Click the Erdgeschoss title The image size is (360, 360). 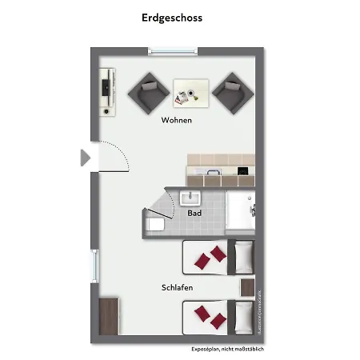point(171,17)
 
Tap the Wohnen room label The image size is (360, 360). point(177,121)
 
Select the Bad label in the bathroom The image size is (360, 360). point(194,213)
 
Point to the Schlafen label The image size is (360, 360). point(177,287)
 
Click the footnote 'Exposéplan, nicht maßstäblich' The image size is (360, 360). point(227,350)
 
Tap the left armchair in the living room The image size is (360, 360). point(148,92)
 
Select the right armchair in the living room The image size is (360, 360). point(231,92)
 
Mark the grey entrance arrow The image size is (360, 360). point(86,158)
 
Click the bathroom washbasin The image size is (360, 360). point(190,198)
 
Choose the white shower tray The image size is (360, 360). point(240,211)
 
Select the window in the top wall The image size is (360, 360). point(173,51)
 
